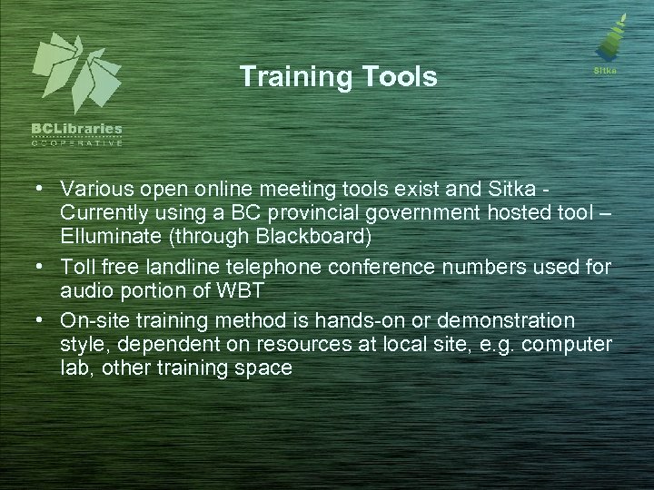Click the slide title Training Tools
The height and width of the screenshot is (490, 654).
click(338, 77)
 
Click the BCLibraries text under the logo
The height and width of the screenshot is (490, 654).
click(77, 130)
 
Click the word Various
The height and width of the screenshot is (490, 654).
click(93, 188)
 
